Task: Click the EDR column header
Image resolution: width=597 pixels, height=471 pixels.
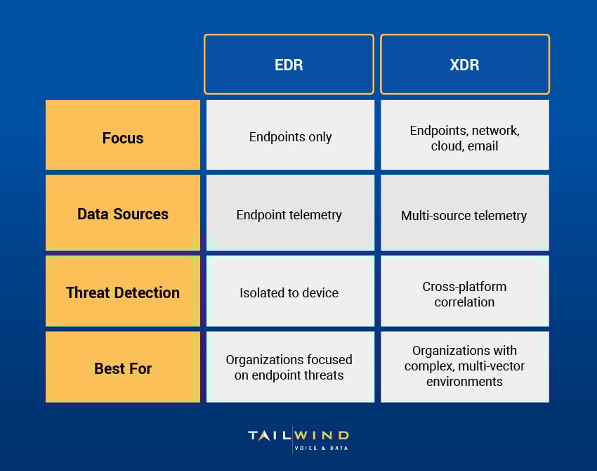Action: coord(289,64)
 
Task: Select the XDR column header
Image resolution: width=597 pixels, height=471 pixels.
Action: coord(464,64)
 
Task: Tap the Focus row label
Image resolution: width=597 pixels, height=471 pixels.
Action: coord(123,138)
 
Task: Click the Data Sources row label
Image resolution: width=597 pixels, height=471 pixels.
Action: coord(123,214)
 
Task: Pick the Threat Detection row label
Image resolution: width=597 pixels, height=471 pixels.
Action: coord(123,292)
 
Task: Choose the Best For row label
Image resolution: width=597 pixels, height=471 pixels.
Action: coord(123,368)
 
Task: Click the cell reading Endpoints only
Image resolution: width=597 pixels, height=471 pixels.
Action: coord(290,137)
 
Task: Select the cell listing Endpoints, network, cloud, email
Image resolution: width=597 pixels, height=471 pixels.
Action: coord(464,138)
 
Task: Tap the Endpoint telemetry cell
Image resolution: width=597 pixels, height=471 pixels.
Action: coord(289,214)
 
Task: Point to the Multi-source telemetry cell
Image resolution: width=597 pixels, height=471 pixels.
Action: coord(464,215)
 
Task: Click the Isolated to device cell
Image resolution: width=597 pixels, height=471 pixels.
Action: coord(289,292)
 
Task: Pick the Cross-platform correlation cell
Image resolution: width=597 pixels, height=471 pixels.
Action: coord(464,294)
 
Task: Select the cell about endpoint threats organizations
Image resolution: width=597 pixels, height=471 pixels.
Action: coord(289,367)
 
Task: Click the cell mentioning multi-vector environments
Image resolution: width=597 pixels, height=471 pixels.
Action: coord(464,366)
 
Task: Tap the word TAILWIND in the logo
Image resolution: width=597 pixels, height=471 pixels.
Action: coord(298,436)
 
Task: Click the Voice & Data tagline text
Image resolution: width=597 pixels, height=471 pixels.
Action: coord(321,448)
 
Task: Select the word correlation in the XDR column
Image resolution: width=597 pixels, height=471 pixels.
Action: coord(464,302)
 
